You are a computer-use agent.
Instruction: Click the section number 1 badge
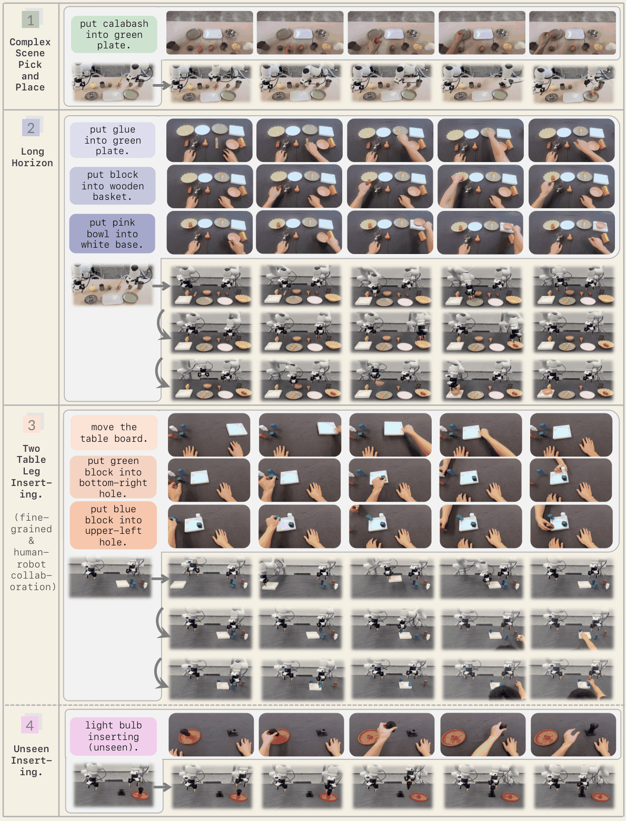pyautogui.click(x=31, y=20)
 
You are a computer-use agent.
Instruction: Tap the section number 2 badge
pyautogui.click(x=31, y=128)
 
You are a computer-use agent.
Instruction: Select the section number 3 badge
pyautogui.click(x=32, y=425)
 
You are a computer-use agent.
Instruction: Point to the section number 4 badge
pyautogui.click(x=31, y=725)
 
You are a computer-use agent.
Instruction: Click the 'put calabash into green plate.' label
pyautogui.click(x=114, y=34)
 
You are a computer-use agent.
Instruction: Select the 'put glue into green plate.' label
pyautogui.click(x=112, y=140)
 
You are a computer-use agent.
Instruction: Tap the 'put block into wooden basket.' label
pyautogui.click(x=112, y=186)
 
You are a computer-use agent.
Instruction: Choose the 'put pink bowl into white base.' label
pyautogui.click(x=112, y=234)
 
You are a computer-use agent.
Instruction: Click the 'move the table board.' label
pyautogui.click(x=114, y=432)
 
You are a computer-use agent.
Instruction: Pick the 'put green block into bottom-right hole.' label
pyautogui.click(x=113, y=477)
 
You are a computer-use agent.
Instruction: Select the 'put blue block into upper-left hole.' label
pyautogui.click(x=113, y=525)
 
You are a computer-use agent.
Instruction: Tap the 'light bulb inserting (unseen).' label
pyautogui.click(x=113, y=736)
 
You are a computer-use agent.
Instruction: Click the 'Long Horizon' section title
pyautogui.click(x=32, y=157)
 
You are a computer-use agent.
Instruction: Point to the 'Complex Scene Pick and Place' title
pyautogui.click(x=30, y=64)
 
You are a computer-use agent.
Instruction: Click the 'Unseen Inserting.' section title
pyautogui.click(x=31, y=760)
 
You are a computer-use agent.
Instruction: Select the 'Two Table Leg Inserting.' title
pyautogui.click(x=31, y=471)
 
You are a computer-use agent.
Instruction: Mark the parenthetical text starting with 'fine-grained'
pyautogui.click(x=32, y=552)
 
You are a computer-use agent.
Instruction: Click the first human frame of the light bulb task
pyautogui.click(x=211, y=735)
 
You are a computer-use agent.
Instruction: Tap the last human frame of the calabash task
pyautogui.click(x=572, y=33)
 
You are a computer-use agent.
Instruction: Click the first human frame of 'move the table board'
pyautogui.click(x=209, y=434)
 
